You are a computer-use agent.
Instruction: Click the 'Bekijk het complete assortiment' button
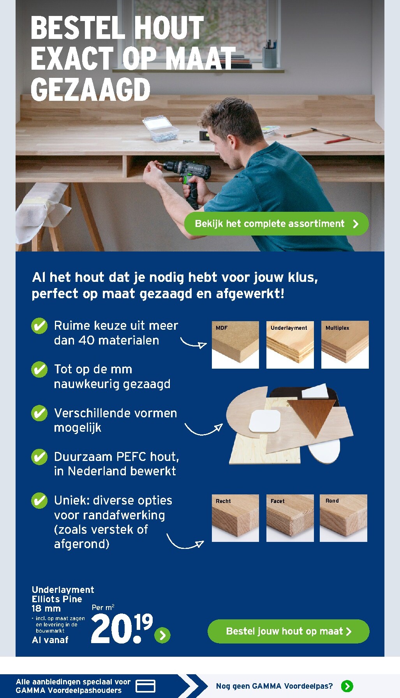(x=276, y=224)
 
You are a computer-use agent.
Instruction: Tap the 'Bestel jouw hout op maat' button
(x=288, y=631)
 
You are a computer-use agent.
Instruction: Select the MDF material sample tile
(x=235, y=345)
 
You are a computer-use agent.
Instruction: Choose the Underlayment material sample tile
(x=290, y=345)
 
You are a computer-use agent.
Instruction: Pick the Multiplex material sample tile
(x=345, y=345)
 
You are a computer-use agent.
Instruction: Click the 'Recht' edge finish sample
(x=235, y=518)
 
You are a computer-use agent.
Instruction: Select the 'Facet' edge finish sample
(x=290, y=518)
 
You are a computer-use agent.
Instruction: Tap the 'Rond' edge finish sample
(x=343, y=518)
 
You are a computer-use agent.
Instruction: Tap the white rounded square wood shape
(x=265, y=421)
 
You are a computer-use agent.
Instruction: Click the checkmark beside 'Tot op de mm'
(x=39, y=369)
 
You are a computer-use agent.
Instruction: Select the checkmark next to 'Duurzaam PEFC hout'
(x=39, y=457)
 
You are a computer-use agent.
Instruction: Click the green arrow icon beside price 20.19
(x=162, y=635)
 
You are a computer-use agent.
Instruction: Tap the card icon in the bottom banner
(x=146, y=686)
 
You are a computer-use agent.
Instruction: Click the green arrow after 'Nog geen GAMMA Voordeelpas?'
(x=347, y=686)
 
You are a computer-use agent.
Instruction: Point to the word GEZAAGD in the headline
(x=90, y=90)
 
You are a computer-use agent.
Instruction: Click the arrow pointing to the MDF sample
(x=193, y=343)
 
